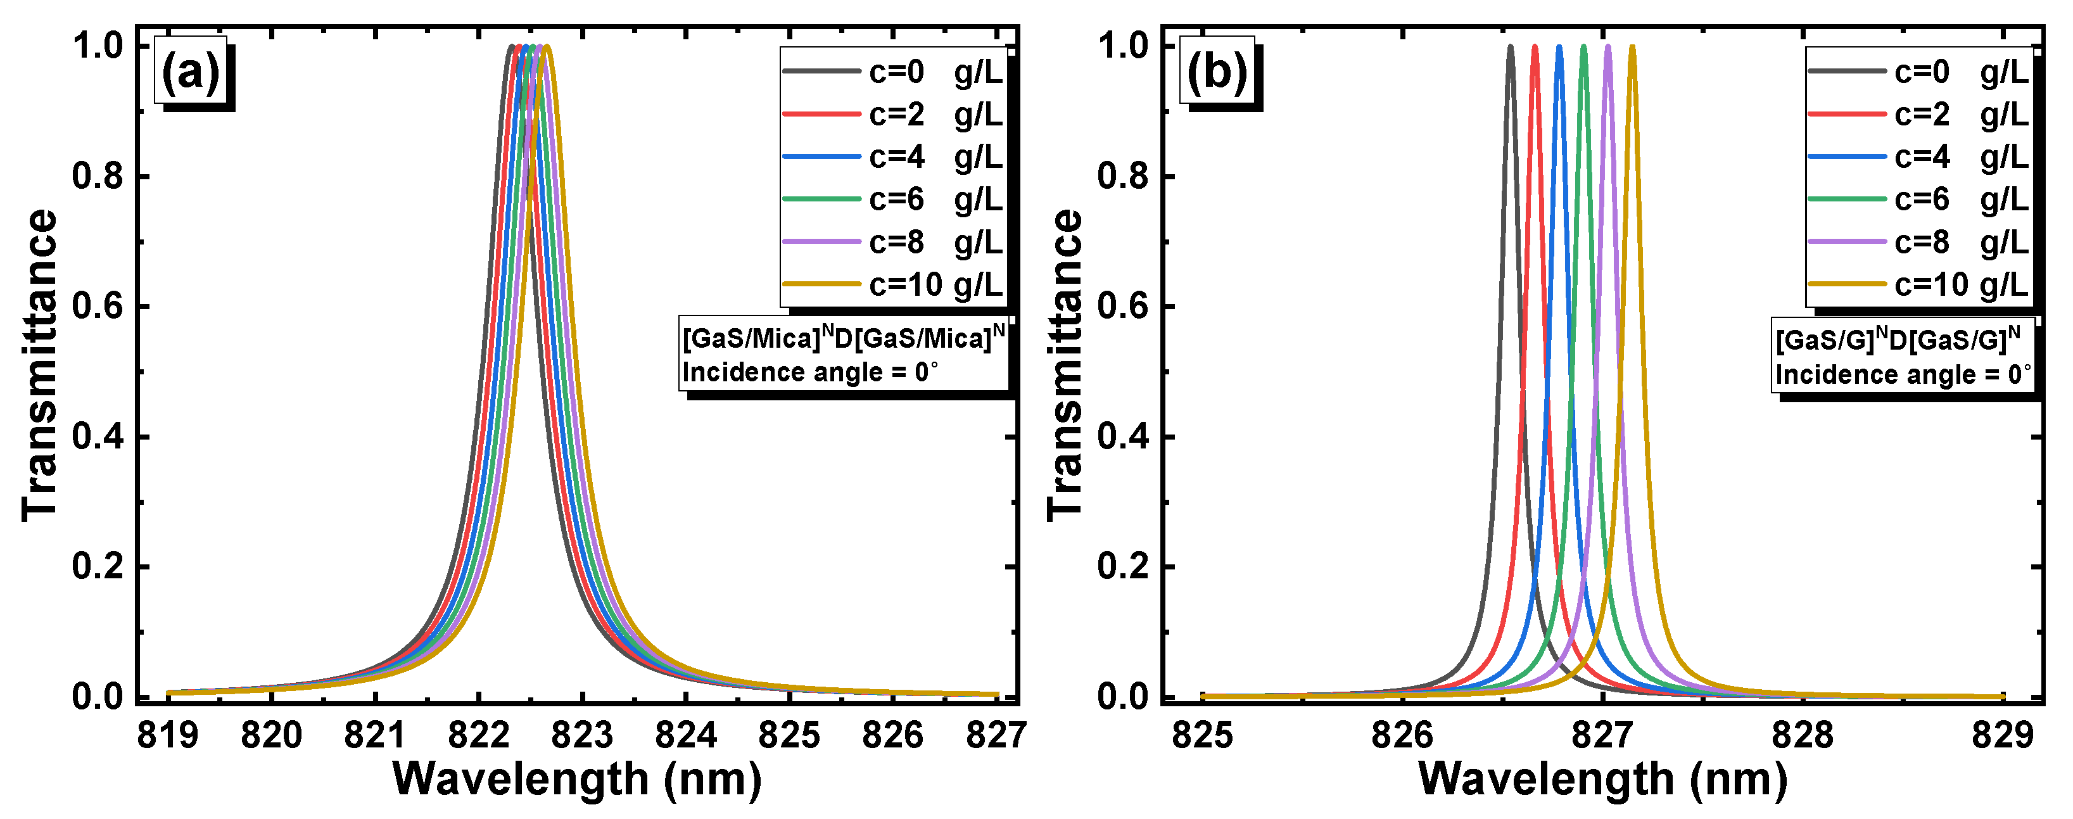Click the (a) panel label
[x=191, y=72]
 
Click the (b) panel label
[x=1216, y=72]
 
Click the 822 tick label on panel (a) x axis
[x=479, y=735]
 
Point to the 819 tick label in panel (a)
[x=168, y=735]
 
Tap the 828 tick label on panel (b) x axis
[x=1803, y=735]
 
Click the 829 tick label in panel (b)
[x=2003, y=735]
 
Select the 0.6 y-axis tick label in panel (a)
[x=98, y=307]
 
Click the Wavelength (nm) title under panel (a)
[x=577, y=778]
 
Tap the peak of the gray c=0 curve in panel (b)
[x=1511, y=48]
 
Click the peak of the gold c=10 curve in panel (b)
[x=1632, y=48]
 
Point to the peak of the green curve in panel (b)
[x=1583, y=48]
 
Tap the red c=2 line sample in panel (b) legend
[x=1847, y=114]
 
